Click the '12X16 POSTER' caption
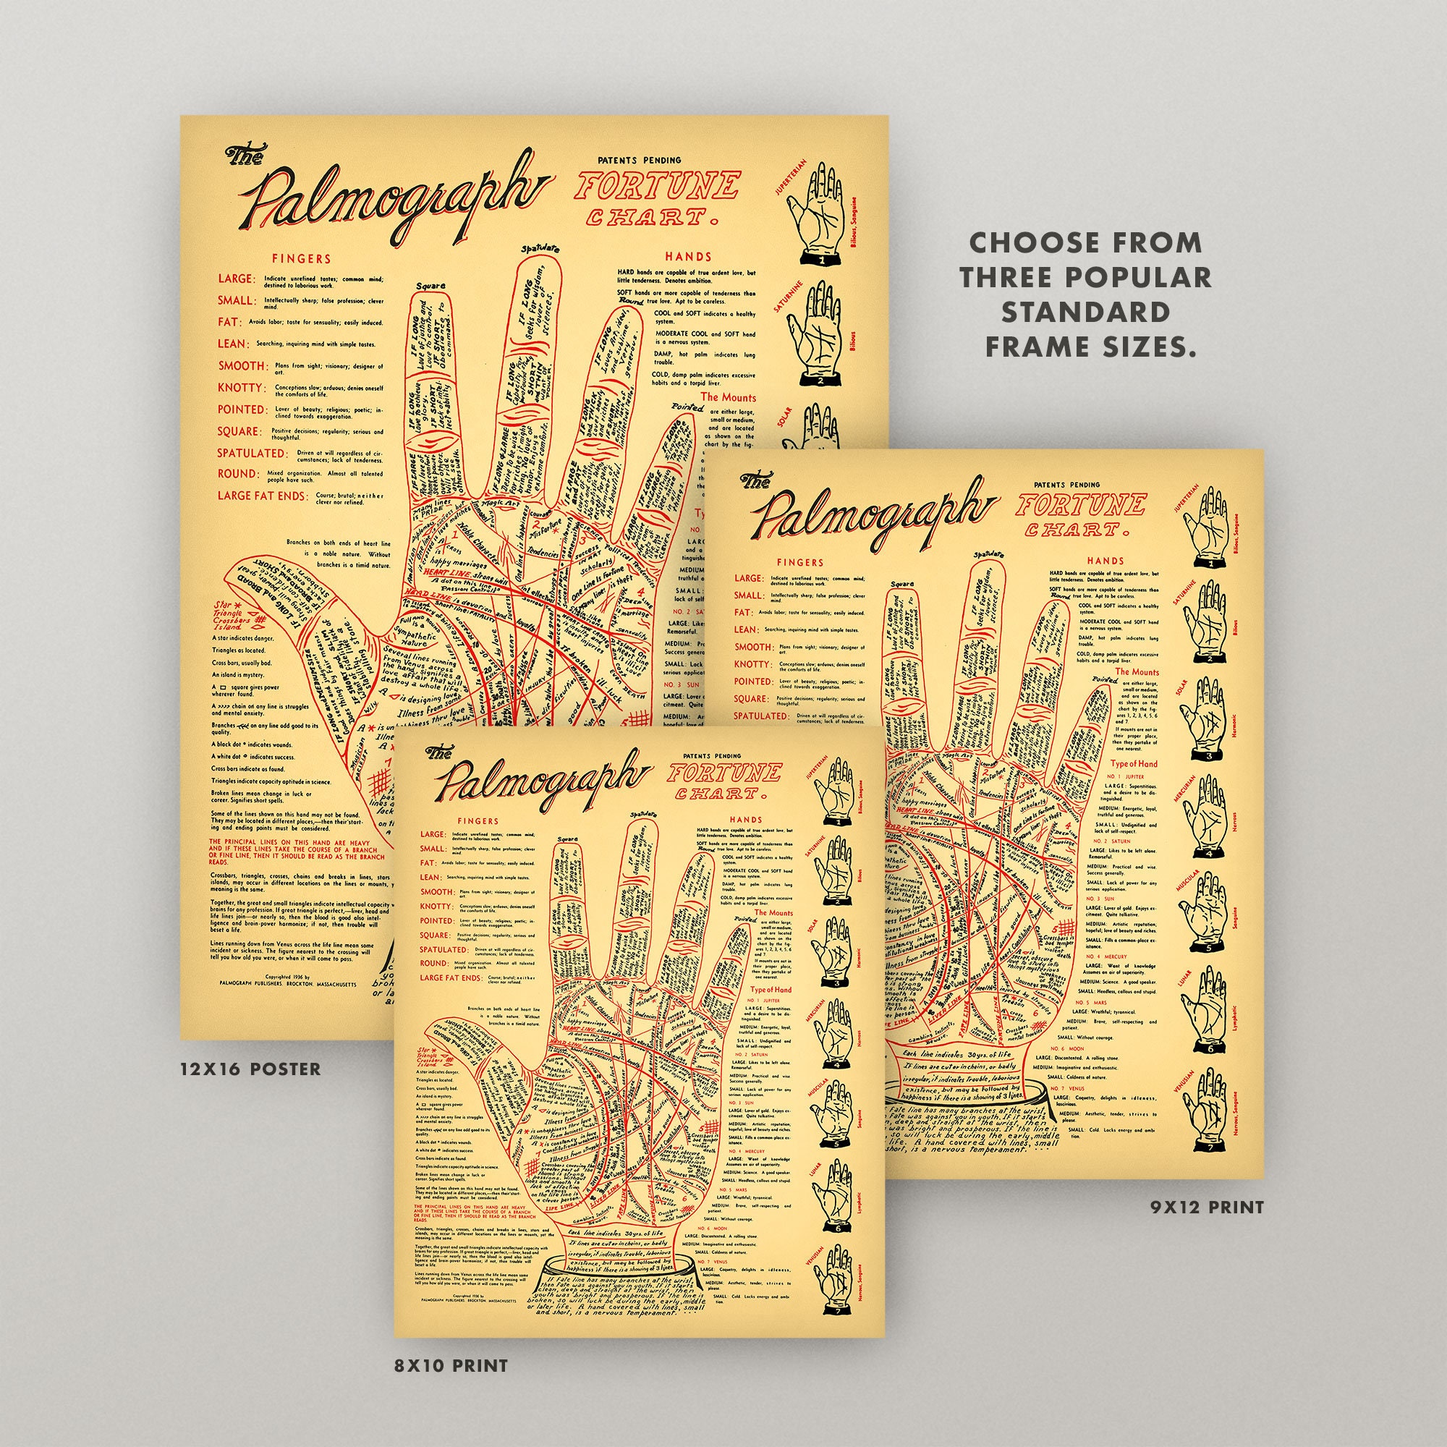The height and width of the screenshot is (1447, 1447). point(250,1069)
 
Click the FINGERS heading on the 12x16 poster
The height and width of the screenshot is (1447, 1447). point(301,259)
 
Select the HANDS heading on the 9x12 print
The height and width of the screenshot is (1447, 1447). point(1106,560)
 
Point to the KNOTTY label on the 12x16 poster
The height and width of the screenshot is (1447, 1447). point(241,388)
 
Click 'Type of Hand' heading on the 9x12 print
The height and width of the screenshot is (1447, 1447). point(1133,764)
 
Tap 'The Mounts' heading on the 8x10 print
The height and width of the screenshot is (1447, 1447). point(772,913)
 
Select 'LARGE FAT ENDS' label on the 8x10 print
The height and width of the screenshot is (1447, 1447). point(449,978)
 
